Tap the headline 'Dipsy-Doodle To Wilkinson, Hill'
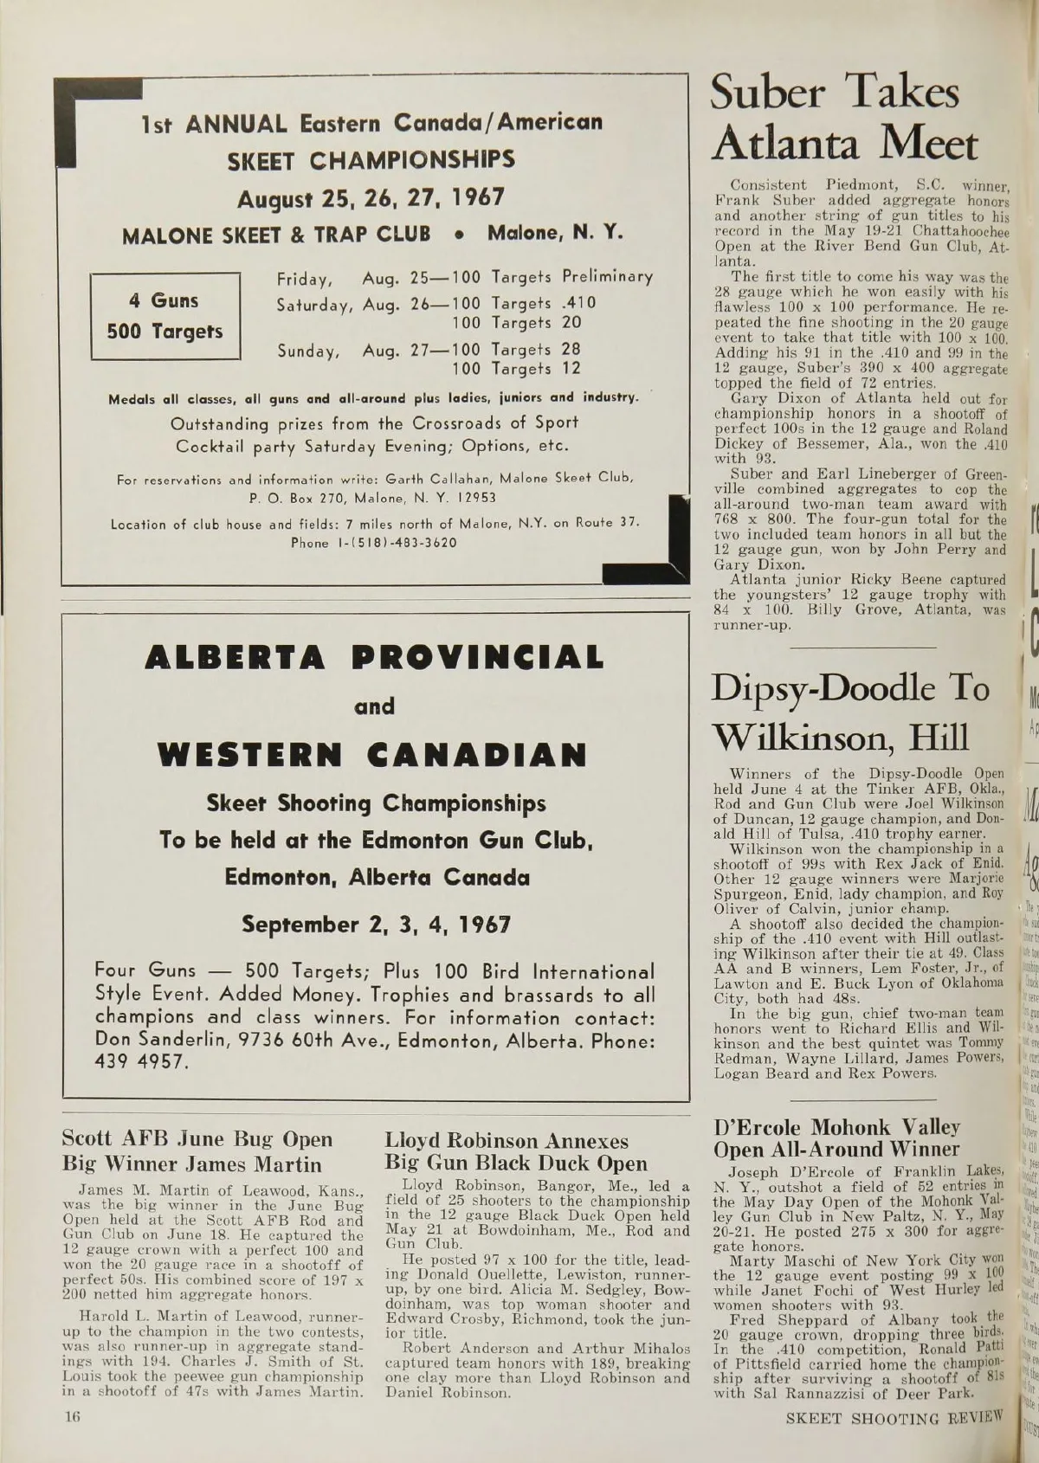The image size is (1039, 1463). [850, 712]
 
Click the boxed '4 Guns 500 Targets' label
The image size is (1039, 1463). [165, 316]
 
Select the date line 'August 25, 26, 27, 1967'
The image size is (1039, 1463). [371, 197]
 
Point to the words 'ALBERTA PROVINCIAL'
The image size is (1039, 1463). [374, 657]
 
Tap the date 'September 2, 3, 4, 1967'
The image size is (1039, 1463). [376, 924]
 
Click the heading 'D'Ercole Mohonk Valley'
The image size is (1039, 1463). [836, 1127]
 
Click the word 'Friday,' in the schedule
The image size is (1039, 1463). [306, 280]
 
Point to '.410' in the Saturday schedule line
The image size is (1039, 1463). [578, 304]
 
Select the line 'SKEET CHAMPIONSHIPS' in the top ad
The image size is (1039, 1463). [371, 160]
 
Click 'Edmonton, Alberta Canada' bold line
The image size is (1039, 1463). [377, 877]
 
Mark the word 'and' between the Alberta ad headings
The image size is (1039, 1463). [374, 706]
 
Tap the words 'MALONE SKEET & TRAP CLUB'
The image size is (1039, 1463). [276, 235]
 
